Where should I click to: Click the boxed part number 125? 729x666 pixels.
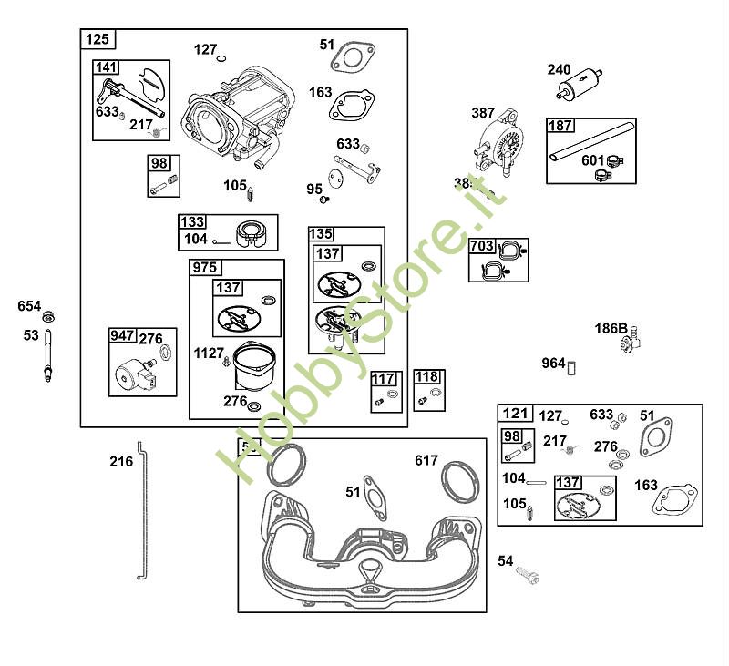[97, 39]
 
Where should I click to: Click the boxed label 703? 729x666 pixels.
[482, 246]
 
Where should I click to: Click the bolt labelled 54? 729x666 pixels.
[528, 575]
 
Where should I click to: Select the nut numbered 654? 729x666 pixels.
[50, 316]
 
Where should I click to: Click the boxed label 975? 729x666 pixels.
[204, 268]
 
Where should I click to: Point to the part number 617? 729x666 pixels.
[426, 460]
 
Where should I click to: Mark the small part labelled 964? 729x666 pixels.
[573, 366]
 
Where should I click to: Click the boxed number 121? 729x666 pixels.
[515, 414]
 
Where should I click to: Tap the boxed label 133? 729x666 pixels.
[192, 222]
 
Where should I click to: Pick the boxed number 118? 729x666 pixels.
[426, 377]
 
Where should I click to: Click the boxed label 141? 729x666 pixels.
[107, 67]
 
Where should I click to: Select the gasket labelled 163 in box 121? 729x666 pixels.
[676, 497]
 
